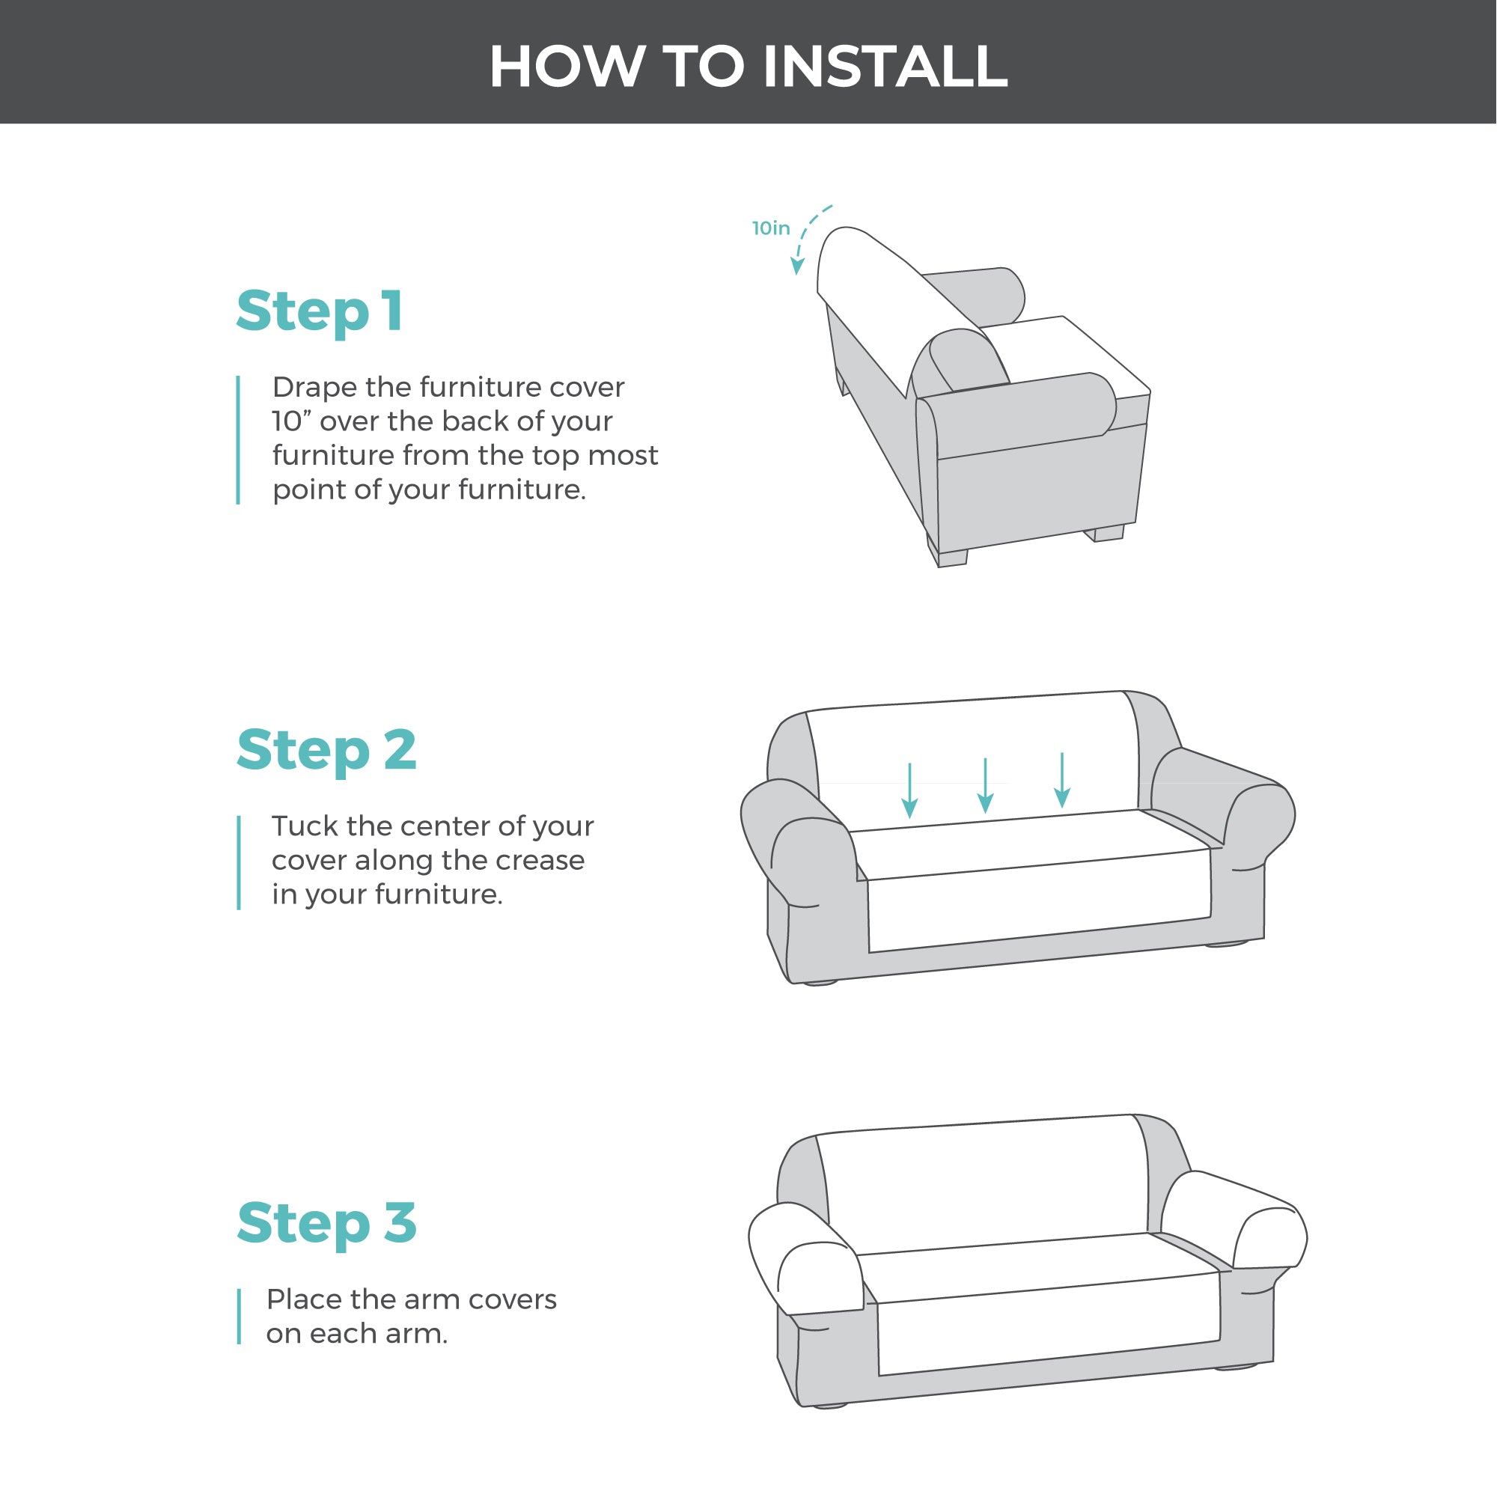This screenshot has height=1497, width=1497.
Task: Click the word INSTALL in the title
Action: pyautogui.click(x=885, y=66)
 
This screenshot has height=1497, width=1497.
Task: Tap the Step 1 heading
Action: pyautogui.click(x=320, y=312)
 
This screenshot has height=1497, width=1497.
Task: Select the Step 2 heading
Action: pyautogui.click(x=326, y=751)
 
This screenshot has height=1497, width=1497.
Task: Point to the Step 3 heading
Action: pyautogui.click(x=326, y=1224)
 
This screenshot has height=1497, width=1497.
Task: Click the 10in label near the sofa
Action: pyautogui.click(x=771, y=228)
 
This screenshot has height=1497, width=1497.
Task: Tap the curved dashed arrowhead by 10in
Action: pyautogui.click(x=797, y=266)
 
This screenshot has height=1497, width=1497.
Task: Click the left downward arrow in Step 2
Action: pyautogui.click(x=910, y=790)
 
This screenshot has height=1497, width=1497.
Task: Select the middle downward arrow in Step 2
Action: pyautogui.click(x=986, y=786)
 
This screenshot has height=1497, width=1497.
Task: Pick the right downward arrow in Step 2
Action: pyautogui.click(x=1062, y=780)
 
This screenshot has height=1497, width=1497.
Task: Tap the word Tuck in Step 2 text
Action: pyautogui.click(x=305, y=826)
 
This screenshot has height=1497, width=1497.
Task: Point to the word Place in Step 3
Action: pyautogui.click(x=303, y=1299)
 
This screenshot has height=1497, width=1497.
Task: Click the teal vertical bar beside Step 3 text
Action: pyautogui.click(x=240, y=1317)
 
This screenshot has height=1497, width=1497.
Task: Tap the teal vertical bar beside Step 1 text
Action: pyautogui.click(x=239, y=440)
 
